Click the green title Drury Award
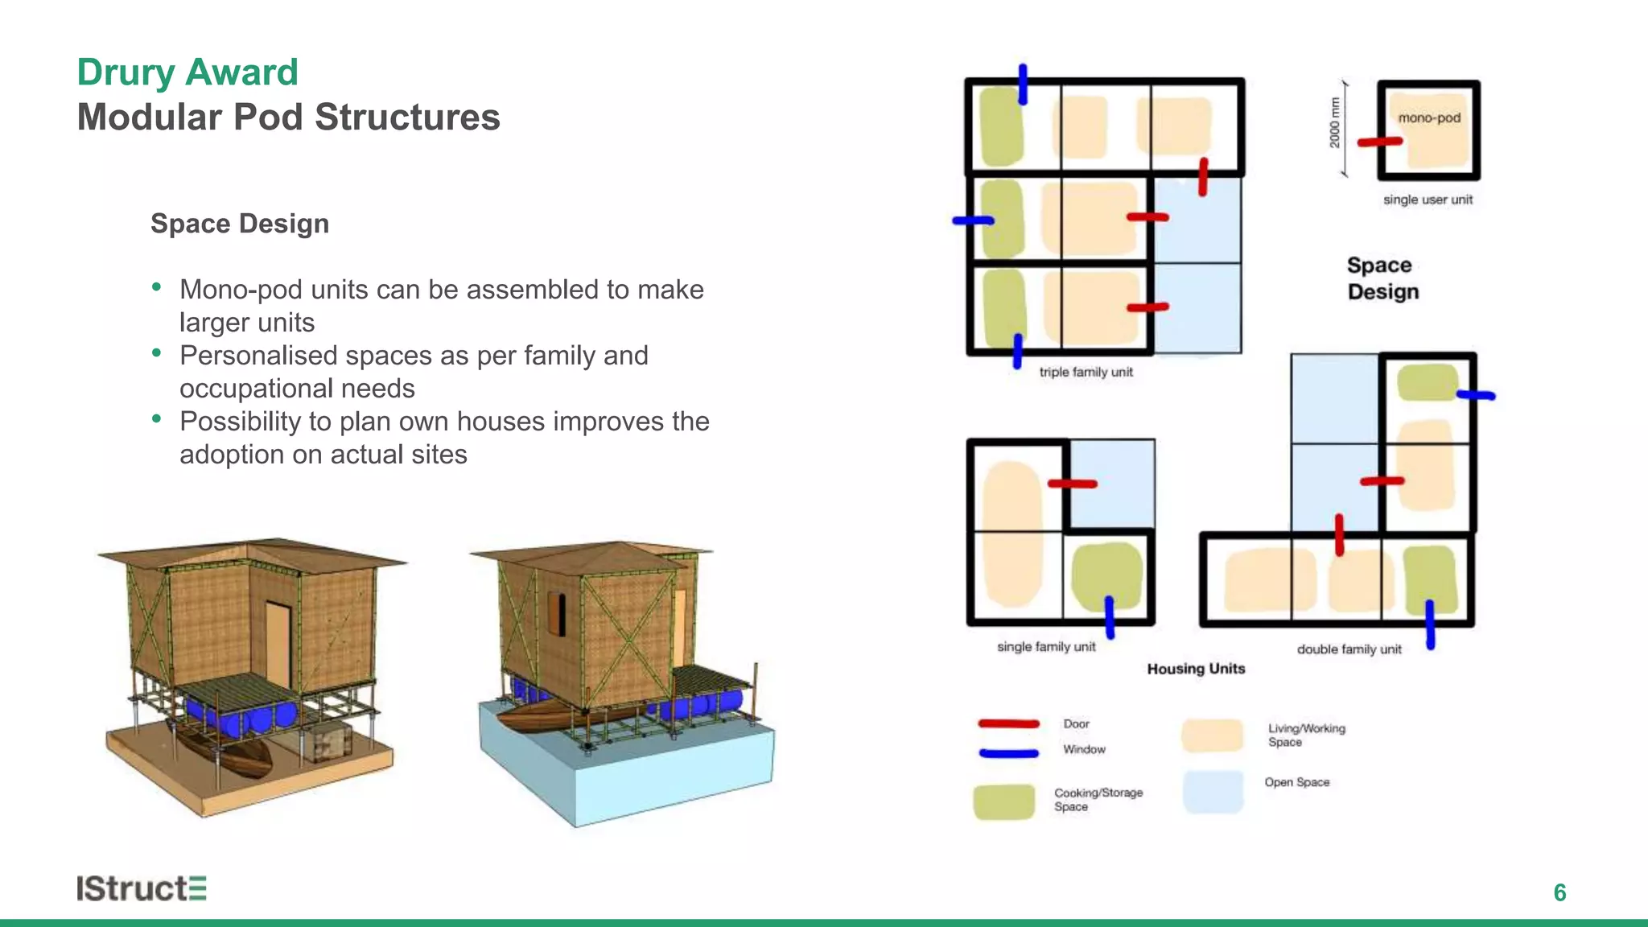click(x=187, y=72)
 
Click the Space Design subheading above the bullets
click(x=240, y=224)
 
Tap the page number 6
click(x=1559, y=892)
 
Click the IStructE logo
click(x=142, y=888)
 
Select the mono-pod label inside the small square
click(x=1429, y=117)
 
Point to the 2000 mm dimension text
click(x=1335, y=123)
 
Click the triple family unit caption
click(x=1086, y=372)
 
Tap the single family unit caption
click(x=1046, y=647)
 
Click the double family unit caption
click(x=1349, y=649)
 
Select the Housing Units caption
click(x=1196, y=669)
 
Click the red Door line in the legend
click(x=1008, y=723)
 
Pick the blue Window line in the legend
click(x=1008, y=753)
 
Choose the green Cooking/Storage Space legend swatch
click(x=1003, y=801)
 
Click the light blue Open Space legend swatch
click(x=1213, y=792)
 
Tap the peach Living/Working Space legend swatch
click(x=1212, y=735)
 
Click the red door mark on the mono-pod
click(x=1379, y=142)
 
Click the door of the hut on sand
click(x=278, y=644)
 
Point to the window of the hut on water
click(x=556, y=613)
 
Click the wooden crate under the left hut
click(x=328, y=741)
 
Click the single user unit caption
click(x=1428, y=200)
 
